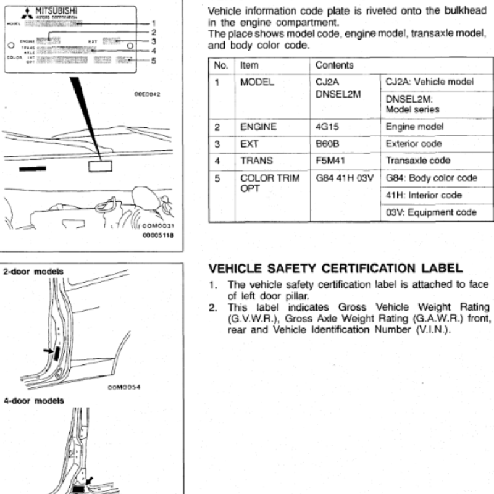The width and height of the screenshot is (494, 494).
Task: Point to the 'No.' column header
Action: [221, 65]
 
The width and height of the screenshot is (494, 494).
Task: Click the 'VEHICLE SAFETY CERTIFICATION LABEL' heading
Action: [335, 269]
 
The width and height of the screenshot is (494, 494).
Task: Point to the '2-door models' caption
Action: [33, 272]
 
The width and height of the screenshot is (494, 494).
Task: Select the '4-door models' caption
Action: [33, 401]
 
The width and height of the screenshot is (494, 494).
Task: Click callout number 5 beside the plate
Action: [154, 61]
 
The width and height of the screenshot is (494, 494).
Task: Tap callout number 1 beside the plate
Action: [154, 23]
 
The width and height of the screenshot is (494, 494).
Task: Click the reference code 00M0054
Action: [125, 388]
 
